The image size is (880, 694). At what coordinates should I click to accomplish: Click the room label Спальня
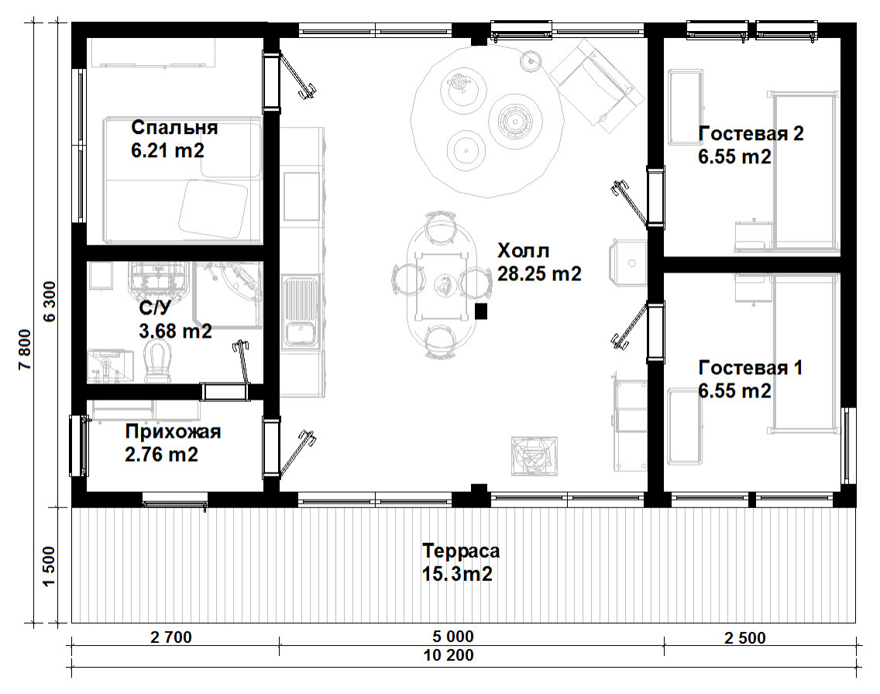pyautogui.click(x=174, y=127)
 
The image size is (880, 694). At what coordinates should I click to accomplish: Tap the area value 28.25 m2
pyautogui.click(x=539, y=273)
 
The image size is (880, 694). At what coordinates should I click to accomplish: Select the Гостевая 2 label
pyautogui.click(x=751, y=133)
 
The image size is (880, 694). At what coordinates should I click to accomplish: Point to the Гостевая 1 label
pyautogui.click(x=751, y=368)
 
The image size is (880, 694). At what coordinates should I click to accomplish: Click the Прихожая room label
pyautogui.click(x=173, y=431)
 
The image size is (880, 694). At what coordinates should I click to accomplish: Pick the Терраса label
pyautogui.click(x=461, y=551)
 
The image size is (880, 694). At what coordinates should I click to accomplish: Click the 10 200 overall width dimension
pyautogui.click(x=449, y=655)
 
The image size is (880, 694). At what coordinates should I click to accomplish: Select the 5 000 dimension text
pyautogui.click(x=453, y=637)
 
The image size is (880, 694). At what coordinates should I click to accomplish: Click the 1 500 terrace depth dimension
pyautogui.click(x=50, y=566)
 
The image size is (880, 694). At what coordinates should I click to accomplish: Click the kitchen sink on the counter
pyautogui.click(x=301, y=312)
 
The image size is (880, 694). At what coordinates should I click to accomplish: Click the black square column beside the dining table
pyautogui.click(x=480, y=311)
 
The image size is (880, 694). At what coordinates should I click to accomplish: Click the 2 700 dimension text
pyautogui.click(x=171, y=637)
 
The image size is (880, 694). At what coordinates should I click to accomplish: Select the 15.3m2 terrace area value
pyautogui.click(x=457, y=574)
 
